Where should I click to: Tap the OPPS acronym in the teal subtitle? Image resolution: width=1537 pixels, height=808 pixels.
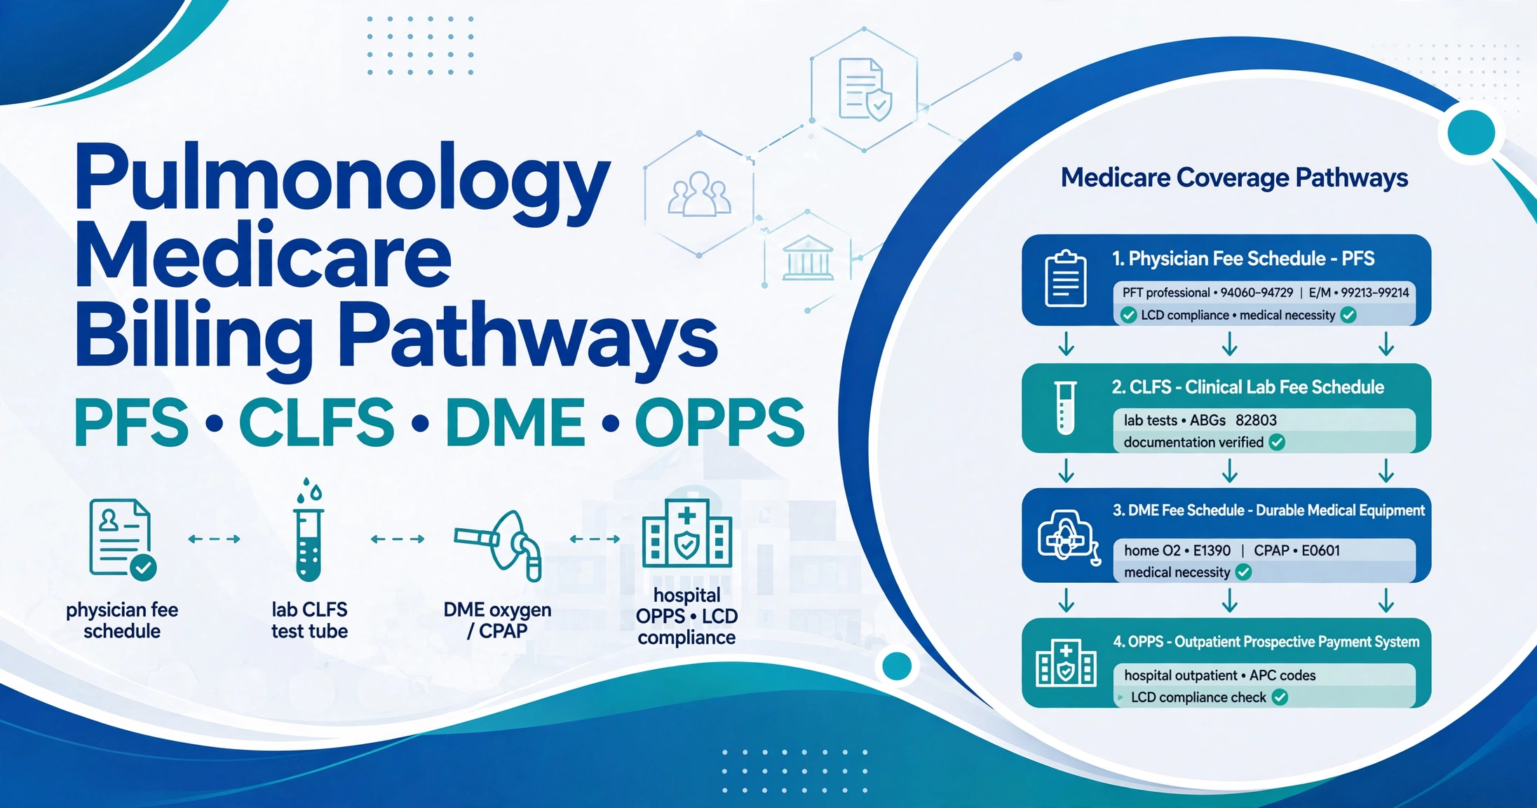pyautogui.click(x=719, y=422)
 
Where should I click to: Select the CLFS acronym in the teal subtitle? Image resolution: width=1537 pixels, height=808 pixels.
pyautogui.click(x=317, y=422)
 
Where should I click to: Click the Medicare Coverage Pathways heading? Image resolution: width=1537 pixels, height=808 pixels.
pyautogui.click(x=1234, y=178)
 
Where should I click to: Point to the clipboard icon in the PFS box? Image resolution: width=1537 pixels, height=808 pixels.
pyautogui.click(x=1065, y=278)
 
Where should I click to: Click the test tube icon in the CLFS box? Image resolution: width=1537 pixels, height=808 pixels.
pyautogui.click(x=1065, y=408)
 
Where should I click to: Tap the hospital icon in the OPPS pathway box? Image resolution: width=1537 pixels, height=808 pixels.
pyautogui.click(x=1066, y=662)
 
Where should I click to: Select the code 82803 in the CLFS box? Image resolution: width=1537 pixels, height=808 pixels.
pyautogui.click(x=1256, y=420)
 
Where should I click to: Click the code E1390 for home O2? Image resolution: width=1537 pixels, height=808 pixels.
pyautogui.click(x=1212, y=551)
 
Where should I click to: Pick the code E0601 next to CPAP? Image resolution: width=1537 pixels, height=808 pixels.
pyautogui.click(x=1320, y=551)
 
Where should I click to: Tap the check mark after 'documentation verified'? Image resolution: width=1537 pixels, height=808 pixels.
pyautogui.click(x=1277, y=443)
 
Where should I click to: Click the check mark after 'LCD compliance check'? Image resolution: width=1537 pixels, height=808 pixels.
pyautogui.click(x=1280, y=697)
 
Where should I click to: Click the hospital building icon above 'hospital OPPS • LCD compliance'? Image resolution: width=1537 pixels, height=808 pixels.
pyautogui.click(x=687, y=533)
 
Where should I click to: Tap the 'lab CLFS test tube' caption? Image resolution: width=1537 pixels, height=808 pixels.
pyautogui.click(x=309, y=620)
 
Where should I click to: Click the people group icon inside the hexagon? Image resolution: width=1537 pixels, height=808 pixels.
pyautogui.click(x=699, y=194)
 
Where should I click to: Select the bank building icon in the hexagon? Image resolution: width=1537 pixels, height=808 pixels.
pyautogui.click(x=808, y=257)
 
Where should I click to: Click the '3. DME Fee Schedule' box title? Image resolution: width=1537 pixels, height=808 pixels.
pyautogui.click(x=1268, y=511)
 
